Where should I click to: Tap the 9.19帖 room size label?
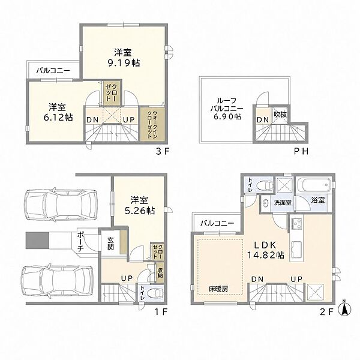point(124,62)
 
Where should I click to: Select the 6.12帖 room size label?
point(58,118)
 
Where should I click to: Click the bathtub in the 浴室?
point(313,185)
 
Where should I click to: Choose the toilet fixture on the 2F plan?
point(265,185)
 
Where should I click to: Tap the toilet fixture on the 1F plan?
point(155,293)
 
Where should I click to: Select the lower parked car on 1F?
point(58,282)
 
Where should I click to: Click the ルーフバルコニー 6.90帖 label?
point(226,109)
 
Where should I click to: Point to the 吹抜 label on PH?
point(280,115)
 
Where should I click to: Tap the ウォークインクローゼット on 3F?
point(152,124)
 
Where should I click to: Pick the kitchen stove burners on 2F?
point(296,224)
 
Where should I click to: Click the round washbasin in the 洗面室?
point(266,203)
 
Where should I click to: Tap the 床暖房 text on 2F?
point(218,289)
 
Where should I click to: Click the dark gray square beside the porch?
point(37,240)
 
